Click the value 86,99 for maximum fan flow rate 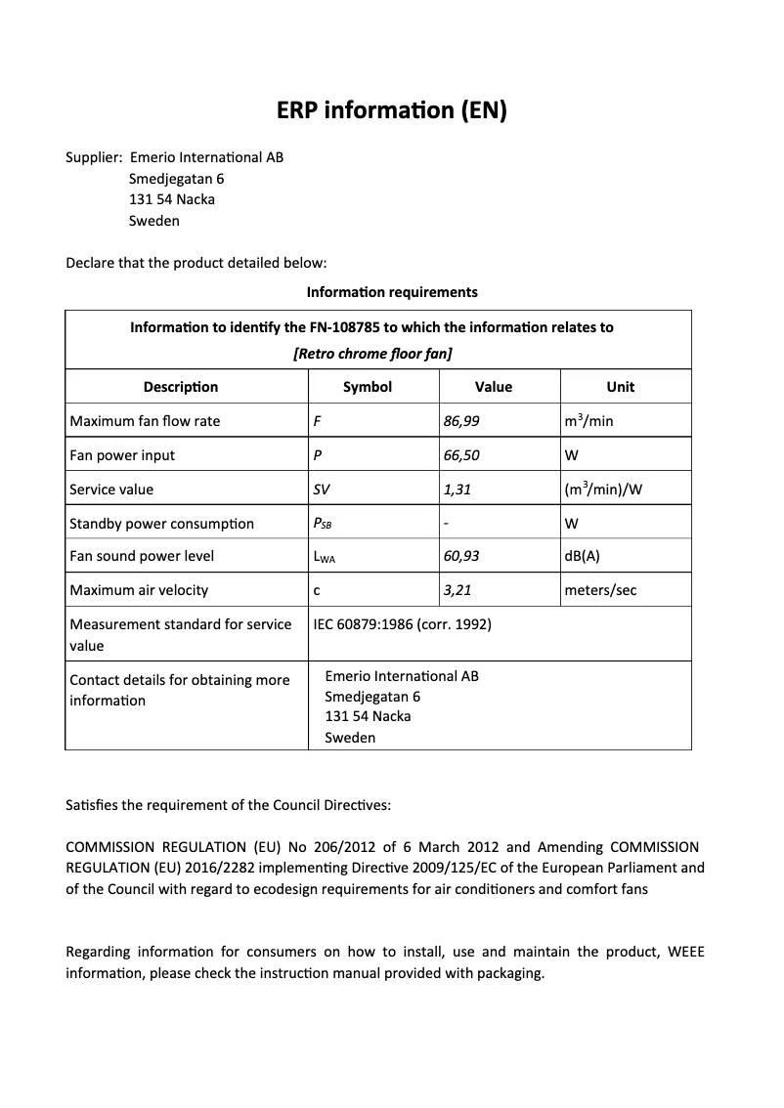461,421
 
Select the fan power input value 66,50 461,455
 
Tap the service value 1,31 457,490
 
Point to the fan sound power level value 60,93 461,556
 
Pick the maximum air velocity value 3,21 457,590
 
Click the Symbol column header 368,387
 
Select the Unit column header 621,387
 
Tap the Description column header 181,387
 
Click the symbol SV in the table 322,490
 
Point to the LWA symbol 325,557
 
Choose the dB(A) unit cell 583,556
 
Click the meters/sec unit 601,590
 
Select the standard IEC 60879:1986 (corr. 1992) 402,624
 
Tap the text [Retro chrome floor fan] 372,354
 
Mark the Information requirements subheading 392,292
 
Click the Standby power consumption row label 161,524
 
